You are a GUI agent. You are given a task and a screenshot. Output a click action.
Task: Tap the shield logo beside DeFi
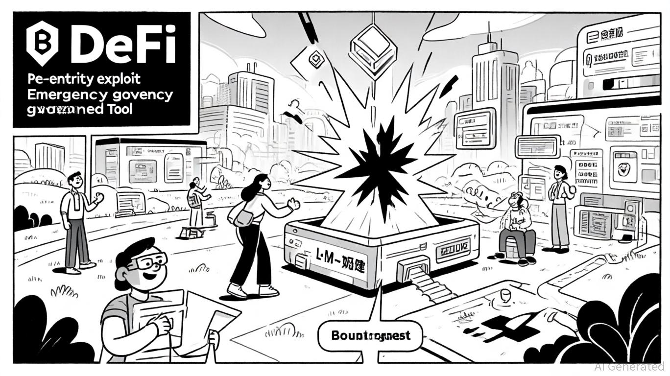coord(42,43)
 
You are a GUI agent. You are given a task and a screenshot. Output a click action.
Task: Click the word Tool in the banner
coord(119,109)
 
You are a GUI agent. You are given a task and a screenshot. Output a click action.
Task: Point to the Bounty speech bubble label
coord(370,336)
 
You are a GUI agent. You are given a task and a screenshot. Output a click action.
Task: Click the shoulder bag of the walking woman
coord(243,217)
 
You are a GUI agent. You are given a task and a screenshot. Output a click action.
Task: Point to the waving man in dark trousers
coord(78,220)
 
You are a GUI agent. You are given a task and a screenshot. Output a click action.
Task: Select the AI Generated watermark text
coord(629,366)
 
